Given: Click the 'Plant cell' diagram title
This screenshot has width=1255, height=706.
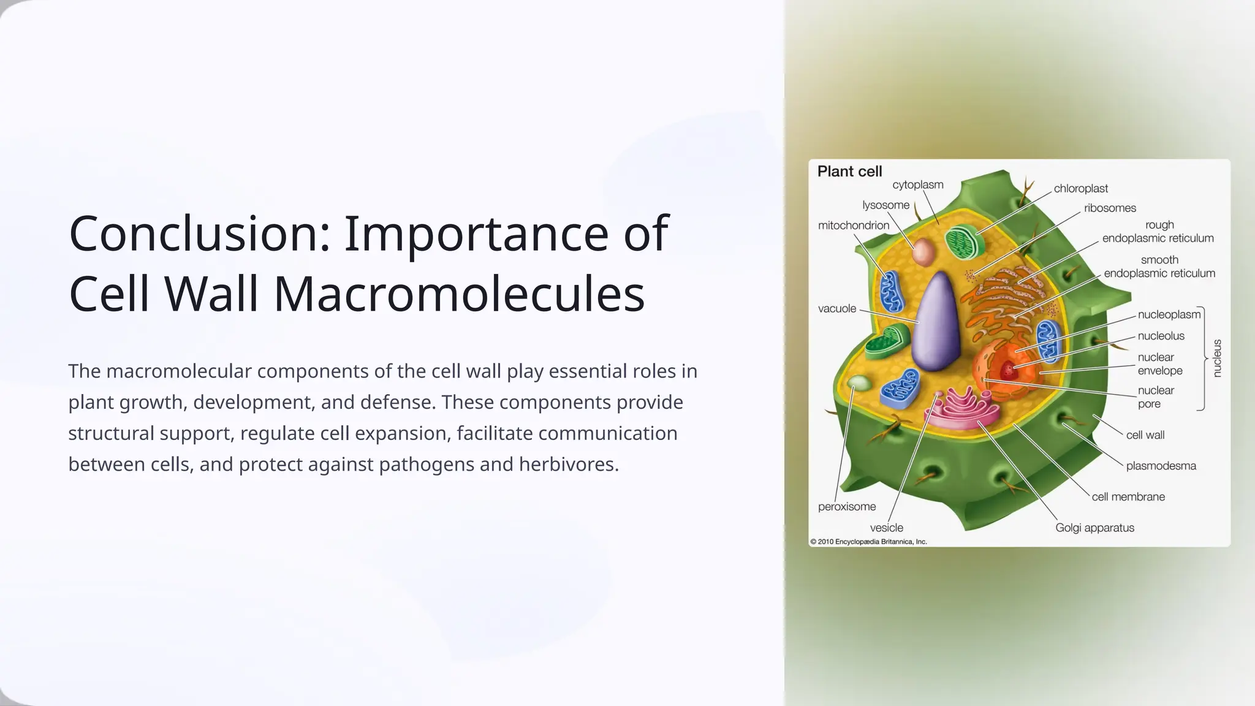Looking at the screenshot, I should point(849,172).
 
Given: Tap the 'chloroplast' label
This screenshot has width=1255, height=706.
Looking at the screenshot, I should point(1080,189).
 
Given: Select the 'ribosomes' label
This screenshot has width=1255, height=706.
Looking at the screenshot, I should point(1110,208).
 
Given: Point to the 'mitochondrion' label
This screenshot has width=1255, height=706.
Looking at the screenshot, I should point(853,226).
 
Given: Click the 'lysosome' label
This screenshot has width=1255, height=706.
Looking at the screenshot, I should point(885,205).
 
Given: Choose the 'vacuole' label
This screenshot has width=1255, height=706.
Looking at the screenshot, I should point(836,309).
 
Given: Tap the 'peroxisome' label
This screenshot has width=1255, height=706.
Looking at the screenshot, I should point(846,507).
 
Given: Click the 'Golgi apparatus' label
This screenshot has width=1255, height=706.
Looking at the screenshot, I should point(1094,528).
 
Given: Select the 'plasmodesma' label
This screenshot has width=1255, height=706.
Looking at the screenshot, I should point(1161,466).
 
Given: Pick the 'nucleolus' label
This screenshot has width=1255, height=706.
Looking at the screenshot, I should point(1161,336).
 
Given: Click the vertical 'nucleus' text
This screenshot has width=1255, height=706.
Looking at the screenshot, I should point(1217,358).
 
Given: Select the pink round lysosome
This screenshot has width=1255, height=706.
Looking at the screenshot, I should point(923,251).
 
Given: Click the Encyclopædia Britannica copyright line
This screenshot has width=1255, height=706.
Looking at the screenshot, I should point(868,542).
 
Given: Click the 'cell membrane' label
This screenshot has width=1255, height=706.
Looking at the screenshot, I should point(1128,497).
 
